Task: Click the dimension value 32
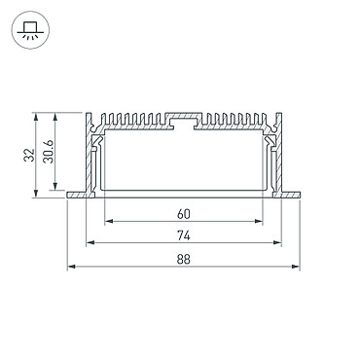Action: tap(29, 155)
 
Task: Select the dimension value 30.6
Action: tap(49, 151)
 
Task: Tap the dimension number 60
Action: tap(184, 214)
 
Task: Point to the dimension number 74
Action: tap(184, 235)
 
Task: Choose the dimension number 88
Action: tap(184, 260)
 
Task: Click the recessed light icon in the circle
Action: tap(30, 30)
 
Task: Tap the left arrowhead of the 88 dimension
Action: tap(71, 267)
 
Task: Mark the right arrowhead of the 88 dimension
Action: tap(296, 267)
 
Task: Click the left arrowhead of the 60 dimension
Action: tap(109, 222)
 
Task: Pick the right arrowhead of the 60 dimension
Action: tap(259, 222)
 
